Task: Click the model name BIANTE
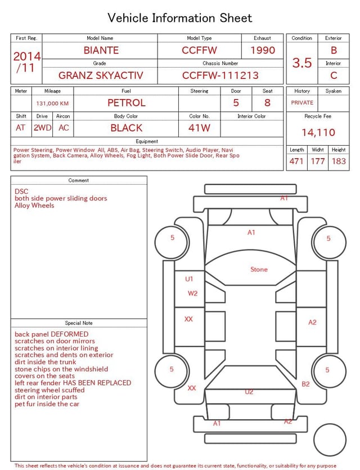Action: (101, 50)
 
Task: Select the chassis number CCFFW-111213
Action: (220, 75)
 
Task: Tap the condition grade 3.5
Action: (302, 62)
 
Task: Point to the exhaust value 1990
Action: (263, 50)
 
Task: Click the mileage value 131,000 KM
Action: (52, 104)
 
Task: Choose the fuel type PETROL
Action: (127, 103)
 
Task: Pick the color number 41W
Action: (199, 128)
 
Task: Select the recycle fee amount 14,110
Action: (318, 132)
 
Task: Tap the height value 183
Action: (339, 161)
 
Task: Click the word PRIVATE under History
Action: (302, 102)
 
